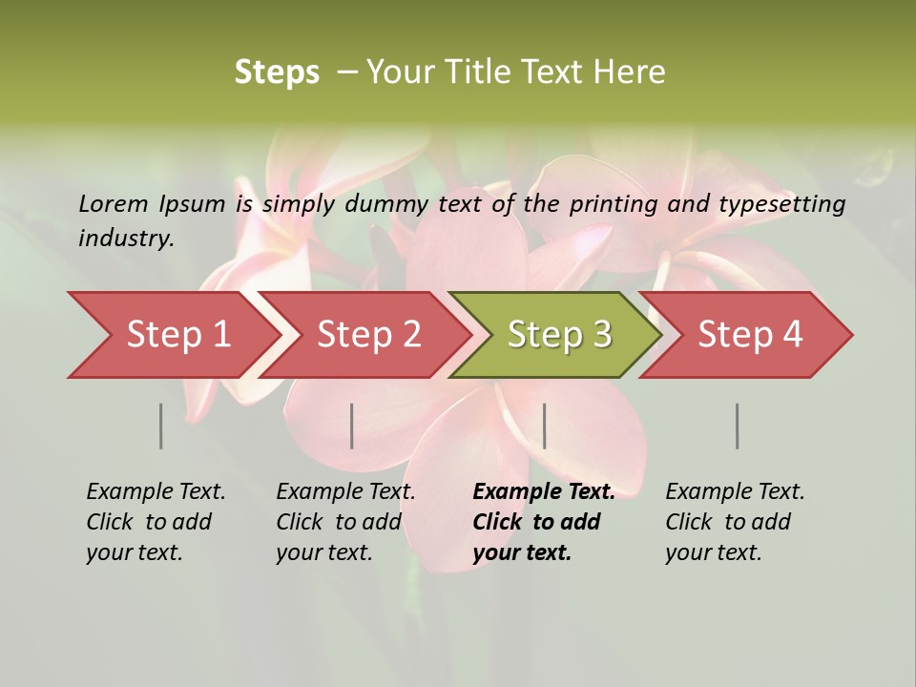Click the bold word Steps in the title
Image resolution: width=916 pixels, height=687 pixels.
pyautogui.click(x=277, y=73)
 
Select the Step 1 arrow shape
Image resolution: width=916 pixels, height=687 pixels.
pyautogui.click(x=172, y=335)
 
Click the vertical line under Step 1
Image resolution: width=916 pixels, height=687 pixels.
pyautogui.click(x=160, y=426)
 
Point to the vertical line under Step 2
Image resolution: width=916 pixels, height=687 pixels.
pyautogui.click(x=352, y=426)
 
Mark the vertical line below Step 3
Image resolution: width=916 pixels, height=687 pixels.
pyautogui.click(x=544, y=426)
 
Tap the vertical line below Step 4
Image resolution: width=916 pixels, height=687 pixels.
pyautogui.click(x=737, y=426)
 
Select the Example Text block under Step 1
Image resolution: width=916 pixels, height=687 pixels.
pyautogui.click(x=156, y=522)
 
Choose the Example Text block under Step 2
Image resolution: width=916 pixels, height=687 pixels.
pyautogui.click(x=345, y=522)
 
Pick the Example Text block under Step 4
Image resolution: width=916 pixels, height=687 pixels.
pyautogui.click(x=735, y=522)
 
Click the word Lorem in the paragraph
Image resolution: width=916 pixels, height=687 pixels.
pyautogui.click(x=114, y=203)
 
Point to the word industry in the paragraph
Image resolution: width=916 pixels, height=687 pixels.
pyautogui.click(x=126, y=239)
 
